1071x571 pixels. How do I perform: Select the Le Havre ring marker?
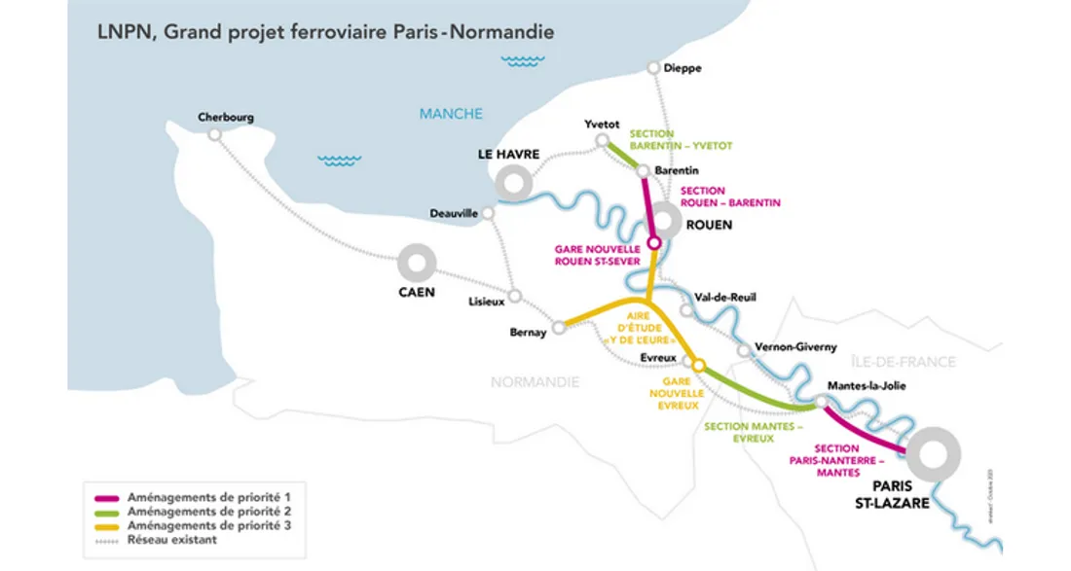pyautogui.click(x=512, y=183)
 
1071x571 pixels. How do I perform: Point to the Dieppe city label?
pyautogui.click(x=682, y=68)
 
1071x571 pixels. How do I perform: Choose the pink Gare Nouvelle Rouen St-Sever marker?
pyautogui.click(x=654, y=242)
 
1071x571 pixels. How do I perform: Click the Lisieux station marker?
pyautogui.click(x=515, y=295)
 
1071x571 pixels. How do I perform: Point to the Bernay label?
pyautogui.click(x=529, y=333)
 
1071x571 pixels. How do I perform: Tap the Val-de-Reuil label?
pyautogui.click(x=725, y=297)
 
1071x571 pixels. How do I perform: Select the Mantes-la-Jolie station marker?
pyautogui.click(x=822, y=401)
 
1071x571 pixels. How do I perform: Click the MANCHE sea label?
pyautogui.click(x=451, y=114)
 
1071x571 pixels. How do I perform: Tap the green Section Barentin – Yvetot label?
pyautogui.click(x=681, y=140)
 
